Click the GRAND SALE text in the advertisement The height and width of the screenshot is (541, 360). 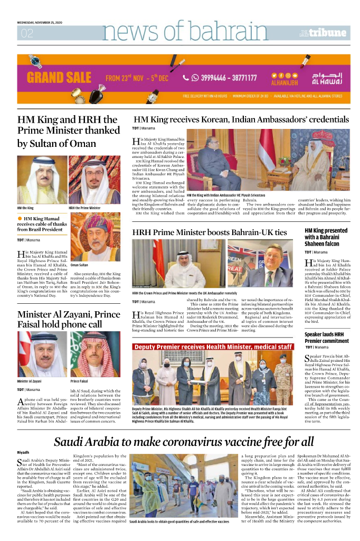[59, 78]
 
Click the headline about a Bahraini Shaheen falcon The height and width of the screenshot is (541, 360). [326, 238]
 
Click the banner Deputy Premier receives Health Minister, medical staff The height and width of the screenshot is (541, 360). [213, 347]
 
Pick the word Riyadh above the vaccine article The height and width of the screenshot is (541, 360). [23, 452]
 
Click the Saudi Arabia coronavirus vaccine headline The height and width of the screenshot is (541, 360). [183, 441]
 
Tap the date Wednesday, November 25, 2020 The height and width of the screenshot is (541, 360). [40, 23]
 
